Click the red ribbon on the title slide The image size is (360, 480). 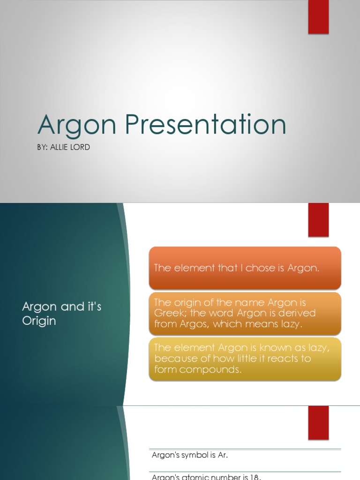(x=318, y=17)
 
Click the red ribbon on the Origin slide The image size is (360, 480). (x=318, y=219)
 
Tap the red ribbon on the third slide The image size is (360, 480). (x=318, y=422)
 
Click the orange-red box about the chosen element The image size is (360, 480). (x=245, y=268)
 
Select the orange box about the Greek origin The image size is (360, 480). (x=245, y=313)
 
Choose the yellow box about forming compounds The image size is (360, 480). (x=245, y=359)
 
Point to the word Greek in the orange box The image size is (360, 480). (x=168, y=313)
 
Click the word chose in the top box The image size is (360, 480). (x=255, y=268)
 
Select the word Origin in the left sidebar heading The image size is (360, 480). (x=39, y=321)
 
